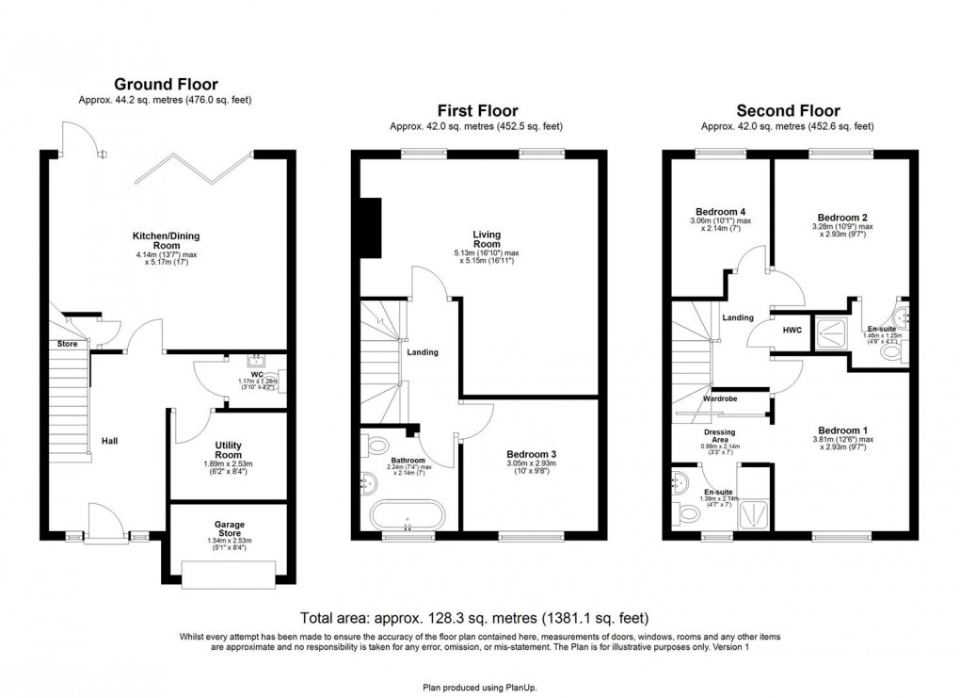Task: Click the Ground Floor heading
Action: tap(167, 83)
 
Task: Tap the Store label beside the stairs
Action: tap(66, 344)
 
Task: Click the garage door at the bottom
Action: tap(229, 572)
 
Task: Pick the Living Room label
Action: tap(487, 239)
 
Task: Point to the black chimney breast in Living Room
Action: tap(369, 227)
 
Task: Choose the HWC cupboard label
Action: tap(792, 330)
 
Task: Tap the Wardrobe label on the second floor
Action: tap(720, 398)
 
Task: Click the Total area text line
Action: tap(473, 619)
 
